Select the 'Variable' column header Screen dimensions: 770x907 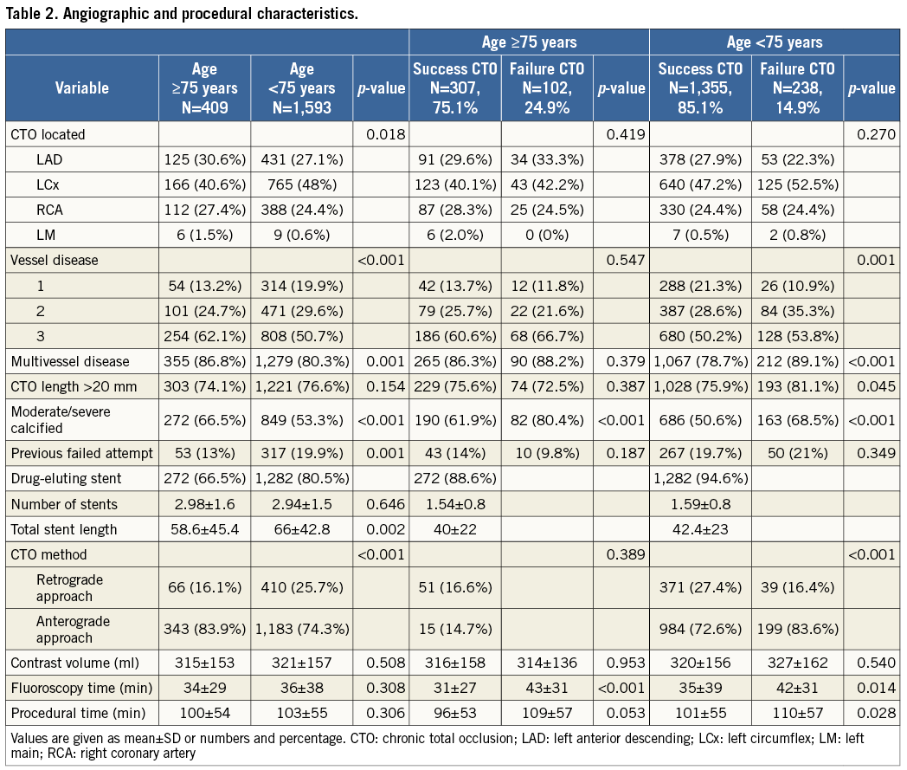82,87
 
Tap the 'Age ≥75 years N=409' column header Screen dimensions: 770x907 204,87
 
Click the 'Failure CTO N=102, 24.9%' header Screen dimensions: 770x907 547,87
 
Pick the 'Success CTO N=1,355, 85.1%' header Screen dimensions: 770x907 700,87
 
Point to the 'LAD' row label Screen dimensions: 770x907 51,159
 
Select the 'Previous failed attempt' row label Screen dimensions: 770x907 81,452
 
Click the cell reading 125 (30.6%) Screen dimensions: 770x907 204,159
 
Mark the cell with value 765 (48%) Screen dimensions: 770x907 302,184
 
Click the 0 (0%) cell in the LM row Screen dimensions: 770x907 547,234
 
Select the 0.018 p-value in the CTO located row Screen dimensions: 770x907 382,134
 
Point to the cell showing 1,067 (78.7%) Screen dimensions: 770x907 700,360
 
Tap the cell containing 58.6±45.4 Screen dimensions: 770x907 204,528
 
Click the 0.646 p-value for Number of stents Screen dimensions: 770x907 382,504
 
